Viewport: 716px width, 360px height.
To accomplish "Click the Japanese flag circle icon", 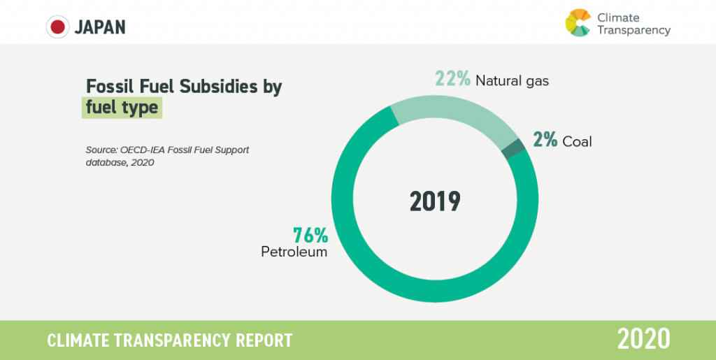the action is coord(57,27).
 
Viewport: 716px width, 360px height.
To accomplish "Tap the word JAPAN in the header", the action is coord(100,27).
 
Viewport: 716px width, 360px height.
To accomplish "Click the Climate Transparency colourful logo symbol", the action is coord(578,22).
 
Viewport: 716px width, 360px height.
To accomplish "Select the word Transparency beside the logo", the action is coord(633,30).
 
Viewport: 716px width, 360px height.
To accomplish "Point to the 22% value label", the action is coord(452,79).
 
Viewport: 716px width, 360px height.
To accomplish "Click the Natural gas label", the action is coord(512,81).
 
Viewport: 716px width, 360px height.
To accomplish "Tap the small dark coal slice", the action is coord(514,149).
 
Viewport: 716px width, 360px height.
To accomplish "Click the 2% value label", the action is coord(545,140).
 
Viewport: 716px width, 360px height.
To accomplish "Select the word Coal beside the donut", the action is coord(577,141).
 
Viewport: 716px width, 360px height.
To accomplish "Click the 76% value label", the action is coord(310,235).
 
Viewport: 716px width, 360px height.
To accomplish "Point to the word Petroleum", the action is coord(294,252).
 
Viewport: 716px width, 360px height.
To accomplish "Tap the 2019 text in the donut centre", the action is coord(434,201).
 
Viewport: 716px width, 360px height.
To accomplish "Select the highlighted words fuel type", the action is coord(122,108).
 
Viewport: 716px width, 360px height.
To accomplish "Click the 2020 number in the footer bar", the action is coord(644,339).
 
